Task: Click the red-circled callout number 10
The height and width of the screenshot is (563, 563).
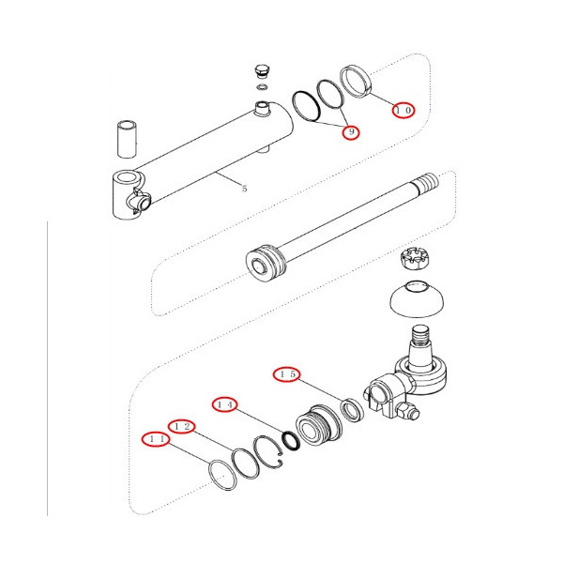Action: (x=403, y=110)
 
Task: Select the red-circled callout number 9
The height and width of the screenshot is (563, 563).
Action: (x=351, y=132)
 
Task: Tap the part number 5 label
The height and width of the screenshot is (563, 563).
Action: (x=245, y=189)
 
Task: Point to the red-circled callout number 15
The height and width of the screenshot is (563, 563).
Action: (x=286, y=374)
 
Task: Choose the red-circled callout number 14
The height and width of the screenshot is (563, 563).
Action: (x=225, y=404)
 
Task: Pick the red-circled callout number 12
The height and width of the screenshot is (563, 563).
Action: (x=182, y=427)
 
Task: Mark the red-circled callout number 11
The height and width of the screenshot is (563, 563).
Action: (x=156, y=439)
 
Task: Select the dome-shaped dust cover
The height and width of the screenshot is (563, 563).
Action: (x=417, y=298)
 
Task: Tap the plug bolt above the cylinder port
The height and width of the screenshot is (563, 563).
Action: (x=263, y=71)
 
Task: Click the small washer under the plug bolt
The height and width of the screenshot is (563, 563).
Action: (x=263, y=87)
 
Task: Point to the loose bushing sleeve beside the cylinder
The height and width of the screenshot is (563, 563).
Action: (x=127, y=139)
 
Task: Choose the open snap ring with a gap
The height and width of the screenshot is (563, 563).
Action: (x=269, y=451)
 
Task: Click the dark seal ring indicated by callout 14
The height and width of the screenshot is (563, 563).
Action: (x=291, y=441)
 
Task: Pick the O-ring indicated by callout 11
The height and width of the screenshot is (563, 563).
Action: (x=222, y=475)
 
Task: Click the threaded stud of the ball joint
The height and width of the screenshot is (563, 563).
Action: (x=420, y=340)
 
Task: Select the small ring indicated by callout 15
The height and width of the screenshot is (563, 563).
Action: (x=352, y=410)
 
